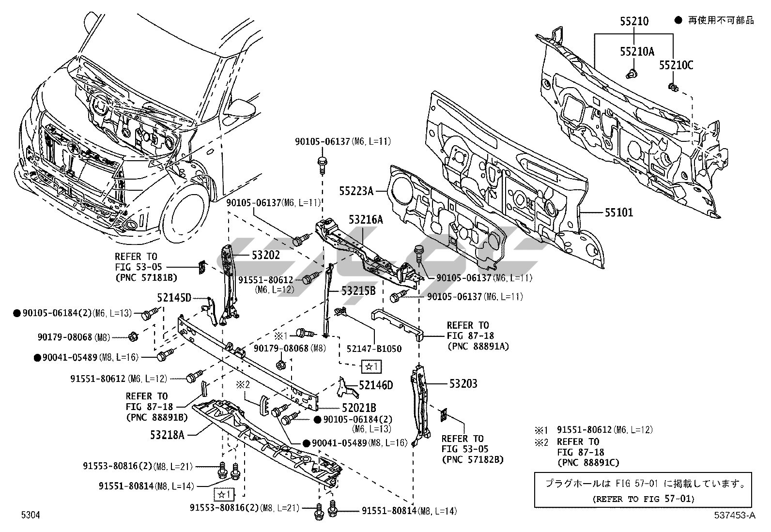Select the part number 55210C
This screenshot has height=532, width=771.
click(676, 65)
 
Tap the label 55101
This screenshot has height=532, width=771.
click(618, 213)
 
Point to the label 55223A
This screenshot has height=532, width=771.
click(356, 192)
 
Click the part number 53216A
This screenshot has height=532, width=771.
click(366, 220)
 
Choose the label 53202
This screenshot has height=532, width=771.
click(265, 255)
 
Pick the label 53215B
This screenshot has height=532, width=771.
click(358, 291)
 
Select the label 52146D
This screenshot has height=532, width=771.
click(376, 385)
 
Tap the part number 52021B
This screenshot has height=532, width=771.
click(359, 408)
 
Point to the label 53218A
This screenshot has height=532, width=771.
click(167, 434)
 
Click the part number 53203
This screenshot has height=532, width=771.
click(463, 384)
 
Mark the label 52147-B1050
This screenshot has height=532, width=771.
click(374, 349)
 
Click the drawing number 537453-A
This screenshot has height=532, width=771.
click(734, 516)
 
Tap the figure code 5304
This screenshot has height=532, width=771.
click(30, 515)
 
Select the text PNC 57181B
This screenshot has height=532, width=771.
click(146, 278)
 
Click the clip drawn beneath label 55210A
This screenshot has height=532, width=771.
click(631, 74)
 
